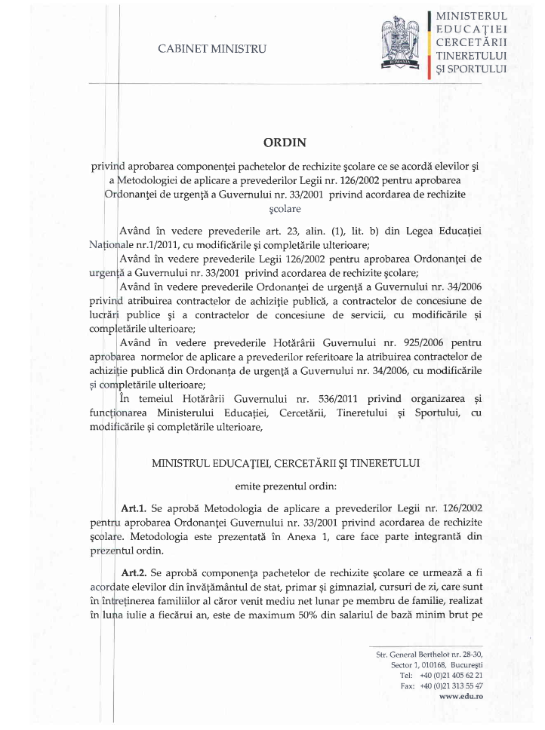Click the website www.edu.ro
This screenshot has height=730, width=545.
click(461, 698)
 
